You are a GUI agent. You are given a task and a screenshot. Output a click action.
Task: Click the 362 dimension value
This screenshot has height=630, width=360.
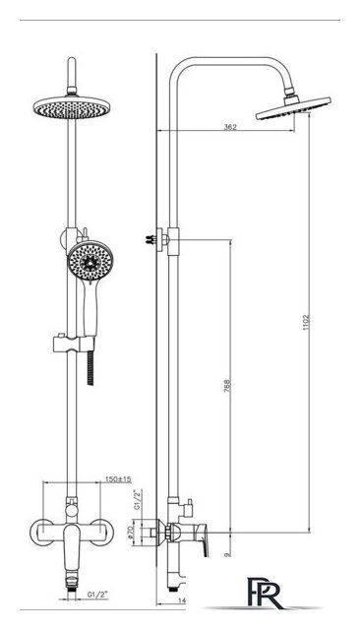230,127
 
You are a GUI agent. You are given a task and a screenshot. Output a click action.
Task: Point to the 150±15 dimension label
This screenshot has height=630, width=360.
119,479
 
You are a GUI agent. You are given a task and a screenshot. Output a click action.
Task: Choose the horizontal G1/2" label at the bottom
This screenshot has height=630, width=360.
98,595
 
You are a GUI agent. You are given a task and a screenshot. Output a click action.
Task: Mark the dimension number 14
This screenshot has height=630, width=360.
183,599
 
